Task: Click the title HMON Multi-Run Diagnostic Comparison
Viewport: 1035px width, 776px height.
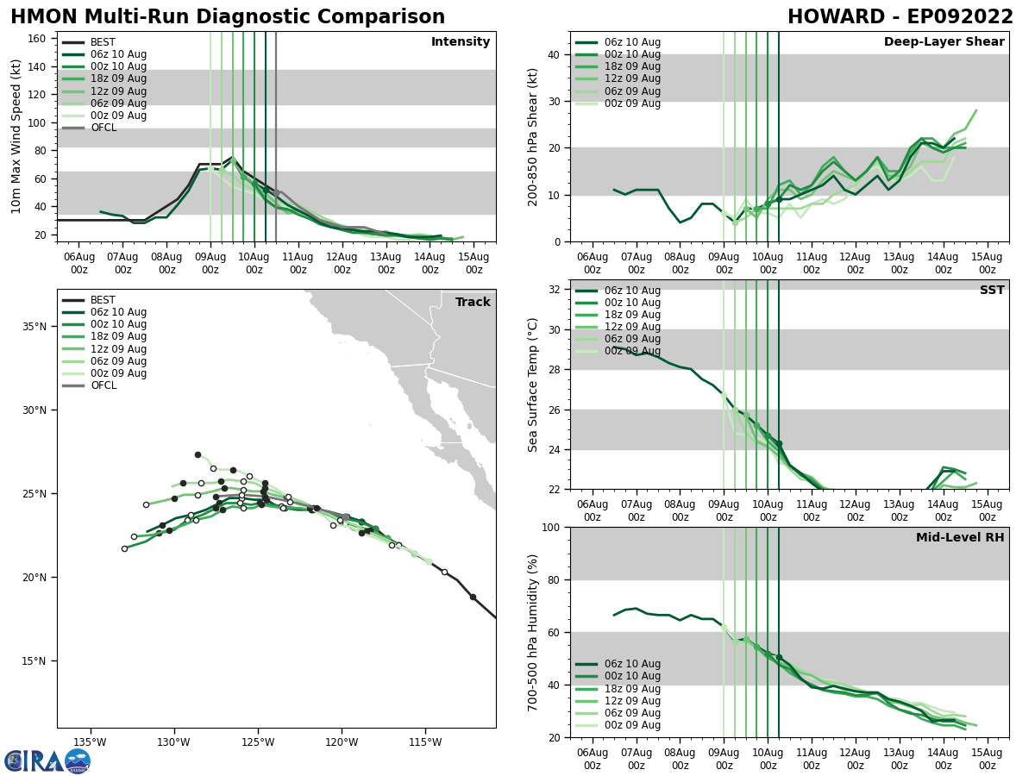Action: (x=228, y=17)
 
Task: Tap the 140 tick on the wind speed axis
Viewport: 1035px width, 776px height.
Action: (x=39, y=66)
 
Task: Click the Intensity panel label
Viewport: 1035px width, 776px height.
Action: (x=460, y=42)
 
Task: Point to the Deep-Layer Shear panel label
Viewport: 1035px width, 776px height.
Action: (x=944, y=42)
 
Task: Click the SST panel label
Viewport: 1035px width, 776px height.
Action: (x=992, y=291)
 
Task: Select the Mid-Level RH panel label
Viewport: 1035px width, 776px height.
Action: (x=960, y=538)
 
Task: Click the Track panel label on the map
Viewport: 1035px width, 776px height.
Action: (x=473, y=303)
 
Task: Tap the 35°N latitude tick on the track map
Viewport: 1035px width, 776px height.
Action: (x=35, y=327)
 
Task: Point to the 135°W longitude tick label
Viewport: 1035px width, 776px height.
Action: (x=90, y=742)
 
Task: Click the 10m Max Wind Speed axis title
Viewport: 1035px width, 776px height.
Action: (x=17, y=136)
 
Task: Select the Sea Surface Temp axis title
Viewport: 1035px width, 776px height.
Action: (x=533, y=385)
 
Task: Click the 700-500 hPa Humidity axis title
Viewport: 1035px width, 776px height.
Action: (x=533, y=632)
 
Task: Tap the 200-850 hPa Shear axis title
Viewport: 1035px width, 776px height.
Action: (x=533, y=136)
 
